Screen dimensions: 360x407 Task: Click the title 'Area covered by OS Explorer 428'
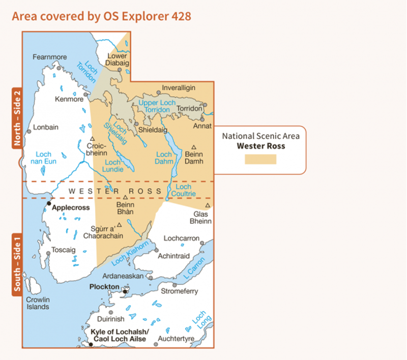tap(101, 16)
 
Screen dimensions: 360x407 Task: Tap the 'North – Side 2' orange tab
tap(17, 118)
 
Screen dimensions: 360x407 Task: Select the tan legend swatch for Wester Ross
tap(260, 159)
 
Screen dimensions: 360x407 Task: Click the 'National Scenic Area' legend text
tap(260, 136)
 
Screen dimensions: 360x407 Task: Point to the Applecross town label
tap(71, 207)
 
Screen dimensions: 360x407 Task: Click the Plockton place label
tap(104, 287)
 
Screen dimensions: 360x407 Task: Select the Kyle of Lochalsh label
tap(118, 336)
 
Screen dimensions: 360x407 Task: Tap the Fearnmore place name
tap(50, 57)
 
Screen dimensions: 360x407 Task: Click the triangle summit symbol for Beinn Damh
tap(194, 147)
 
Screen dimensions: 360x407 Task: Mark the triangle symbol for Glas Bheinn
tap(208, 205)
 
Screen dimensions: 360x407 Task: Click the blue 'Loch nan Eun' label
tap(44, 158)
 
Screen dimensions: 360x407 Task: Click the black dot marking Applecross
tap(49, 203)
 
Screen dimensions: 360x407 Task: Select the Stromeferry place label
tap(179, 291)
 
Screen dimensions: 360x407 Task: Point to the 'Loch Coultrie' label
tap(186, 190)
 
